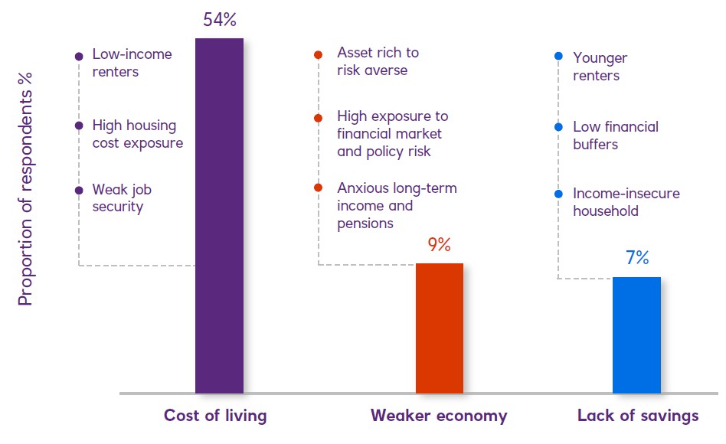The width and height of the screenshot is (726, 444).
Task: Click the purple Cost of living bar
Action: coord(219,215)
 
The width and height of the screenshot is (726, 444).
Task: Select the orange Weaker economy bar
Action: coord(439,328)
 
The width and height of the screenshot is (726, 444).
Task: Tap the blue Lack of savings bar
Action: coord(636,335)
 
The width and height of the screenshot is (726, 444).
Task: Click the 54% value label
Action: coord(219,20)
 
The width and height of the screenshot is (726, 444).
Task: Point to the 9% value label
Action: coord(439,245)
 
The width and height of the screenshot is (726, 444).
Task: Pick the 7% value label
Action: coord(636,259)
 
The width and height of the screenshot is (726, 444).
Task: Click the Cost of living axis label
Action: coord(215,416)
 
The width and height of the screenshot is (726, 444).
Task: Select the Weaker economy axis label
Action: coord(439,416)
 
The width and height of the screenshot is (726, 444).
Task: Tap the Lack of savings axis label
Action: coord(638,416)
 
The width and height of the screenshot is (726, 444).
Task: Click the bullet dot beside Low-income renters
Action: coord(78,56)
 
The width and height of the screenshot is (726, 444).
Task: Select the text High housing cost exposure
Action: coord(138,134)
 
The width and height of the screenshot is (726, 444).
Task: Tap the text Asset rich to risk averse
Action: coord(378,62)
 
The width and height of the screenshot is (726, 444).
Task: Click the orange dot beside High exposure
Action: coord(318,118)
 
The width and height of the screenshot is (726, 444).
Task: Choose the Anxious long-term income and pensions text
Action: coord(396,206)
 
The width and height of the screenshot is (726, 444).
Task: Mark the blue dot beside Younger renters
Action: coord(558,57)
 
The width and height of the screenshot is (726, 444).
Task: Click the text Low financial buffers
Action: coord(615,135)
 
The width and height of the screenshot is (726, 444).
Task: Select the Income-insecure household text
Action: coord(626,202)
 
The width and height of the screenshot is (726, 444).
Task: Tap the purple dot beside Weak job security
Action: coord(78,191)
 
